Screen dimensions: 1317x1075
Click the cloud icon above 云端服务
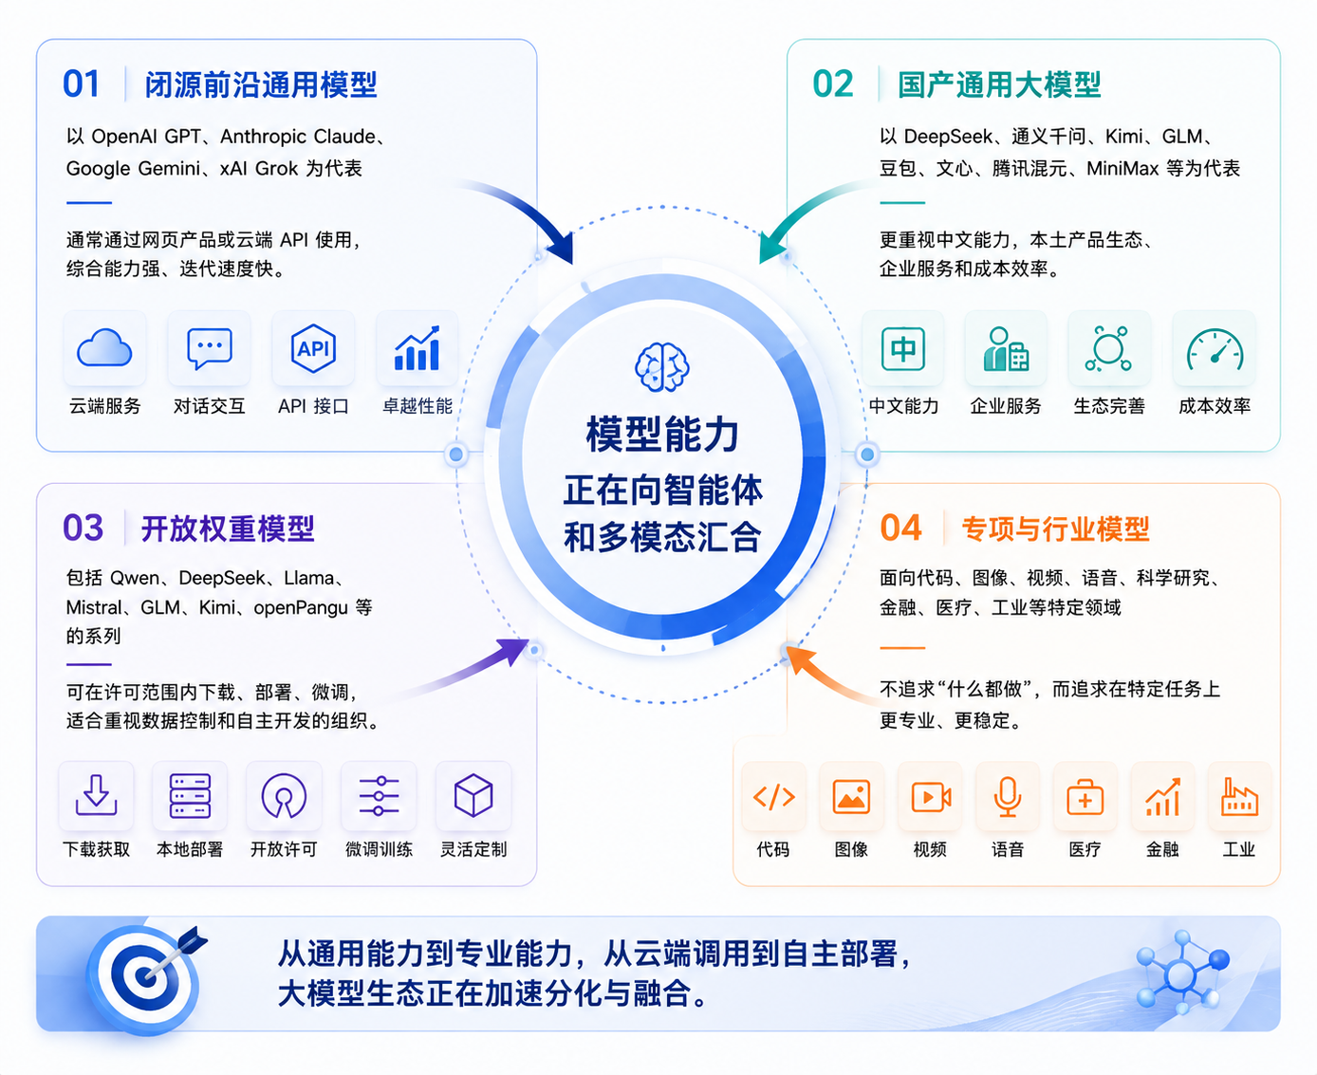[x=104, y=347]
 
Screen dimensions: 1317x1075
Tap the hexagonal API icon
[x=313, y=348]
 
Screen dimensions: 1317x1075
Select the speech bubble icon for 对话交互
[x=209, y=348]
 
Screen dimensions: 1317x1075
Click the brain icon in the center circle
[x=662, y=367]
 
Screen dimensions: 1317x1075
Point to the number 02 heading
[x=832, y=83]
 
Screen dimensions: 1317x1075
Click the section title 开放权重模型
[x=228, y=528]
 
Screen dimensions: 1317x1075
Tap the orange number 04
[x=900, y=528]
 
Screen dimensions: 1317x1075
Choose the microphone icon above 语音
[x=1007, y=796]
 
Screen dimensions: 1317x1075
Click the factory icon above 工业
[x=1239, y=797]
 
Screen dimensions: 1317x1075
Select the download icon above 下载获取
[x=96, y=795]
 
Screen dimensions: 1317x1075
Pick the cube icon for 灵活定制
[x=473, y=795]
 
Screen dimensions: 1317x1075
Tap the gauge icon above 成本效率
[x=1215, y=349]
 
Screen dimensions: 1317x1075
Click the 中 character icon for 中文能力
[x=903, y=348]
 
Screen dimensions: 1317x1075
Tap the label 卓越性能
[x=417, y=406]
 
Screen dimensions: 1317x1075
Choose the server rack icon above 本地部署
[x=190, y=795]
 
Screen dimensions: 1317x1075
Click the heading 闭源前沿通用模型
[x=261, y=84]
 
